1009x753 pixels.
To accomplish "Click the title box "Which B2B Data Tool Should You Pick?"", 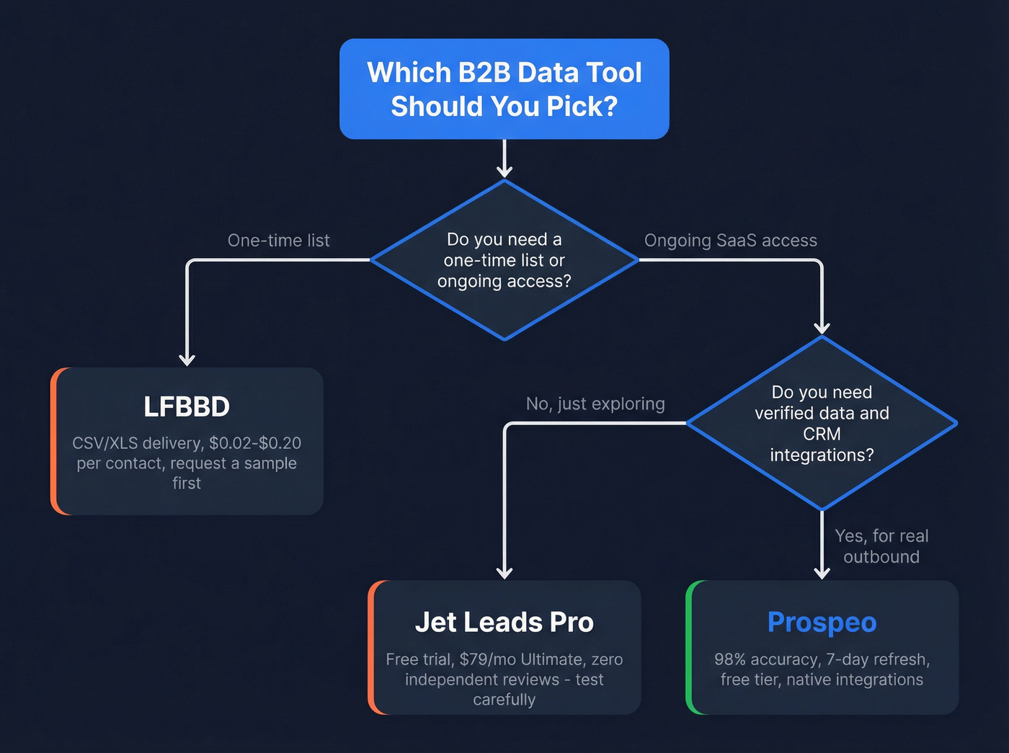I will click(x=504, y=89).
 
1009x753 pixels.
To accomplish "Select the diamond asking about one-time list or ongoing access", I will click(x=504, y=260).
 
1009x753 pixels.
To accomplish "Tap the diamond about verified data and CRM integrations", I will click(x=822, y=424).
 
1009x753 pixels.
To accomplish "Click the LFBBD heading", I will click(x=187, y=407).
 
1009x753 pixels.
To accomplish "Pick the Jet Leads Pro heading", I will click(x=504, y=622).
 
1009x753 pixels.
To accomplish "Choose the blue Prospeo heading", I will click(x=822, y=622).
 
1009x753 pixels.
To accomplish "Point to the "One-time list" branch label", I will click(x=278, y=241).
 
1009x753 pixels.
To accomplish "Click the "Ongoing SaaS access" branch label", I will click(x=730, y=241).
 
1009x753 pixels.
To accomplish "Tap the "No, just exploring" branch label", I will click(x=595, y=404).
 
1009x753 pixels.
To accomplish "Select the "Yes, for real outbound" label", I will click(x=881, y=546).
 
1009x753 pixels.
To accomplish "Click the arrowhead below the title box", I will click(x=504, y=171).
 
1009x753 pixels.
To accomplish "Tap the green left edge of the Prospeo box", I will click(x=689, y=647).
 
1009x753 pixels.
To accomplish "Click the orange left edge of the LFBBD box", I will click(x=54, y=441).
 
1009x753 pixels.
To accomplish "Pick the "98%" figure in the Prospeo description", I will click(x=730, y=659).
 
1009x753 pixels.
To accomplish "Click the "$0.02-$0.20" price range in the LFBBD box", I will click(x=255, y=443).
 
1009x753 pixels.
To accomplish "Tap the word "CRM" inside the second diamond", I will click(x=822, y=434).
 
